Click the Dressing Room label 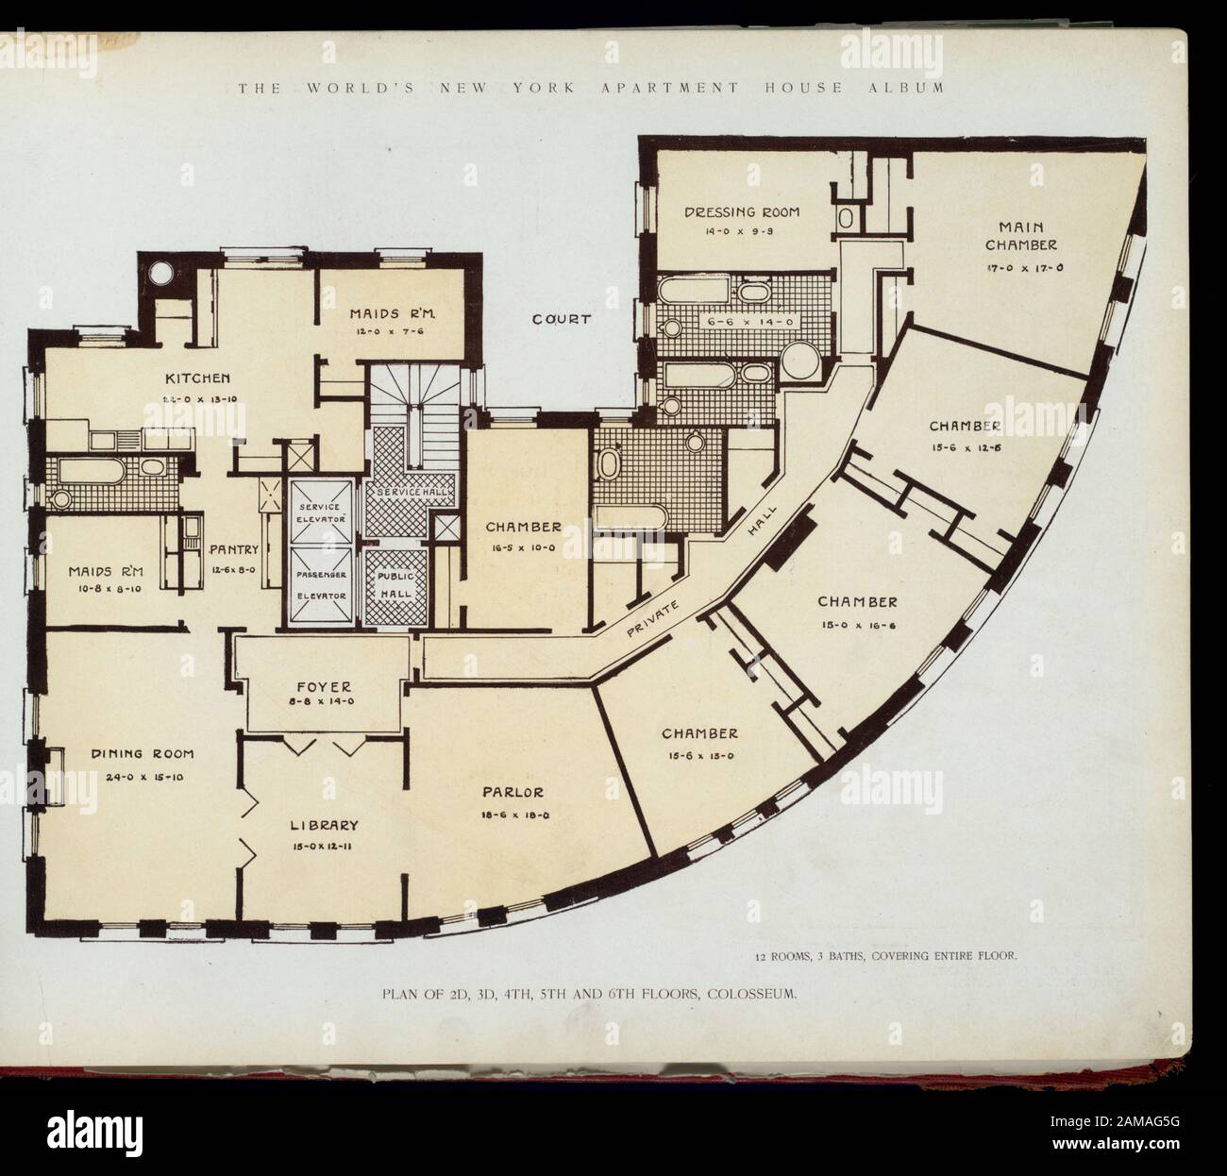click(x=741, y=212)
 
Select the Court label click(x=561, y=319)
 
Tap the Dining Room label click(x=143, y=753)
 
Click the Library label click(x=324, y=824)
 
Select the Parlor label click(x=515, y=792)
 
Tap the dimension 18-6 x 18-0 click(x=515, y=814)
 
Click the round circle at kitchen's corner click(x=160, y=272)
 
